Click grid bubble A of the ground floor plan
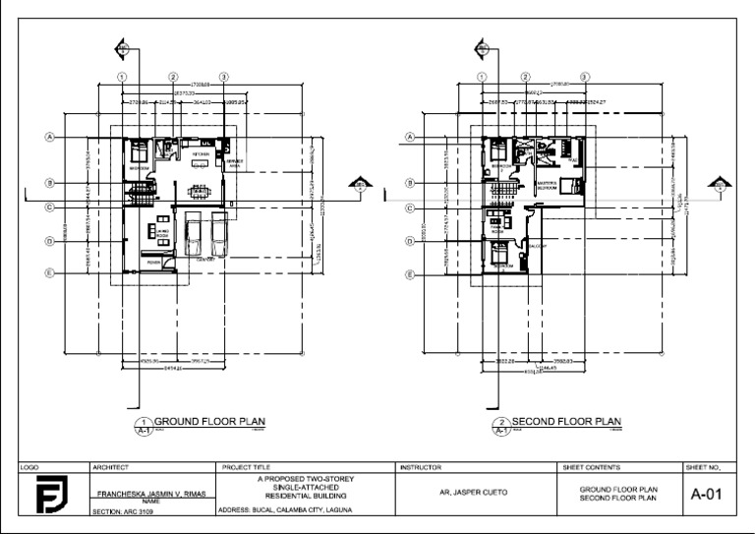(x=49, y=137)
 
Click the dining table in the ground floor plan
(x=200, y=191)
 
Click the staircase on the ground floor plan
(x=144, y=189)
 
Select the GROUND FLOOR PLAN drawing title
(x=210, y=420)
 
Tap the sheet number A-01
(x=707, y=494)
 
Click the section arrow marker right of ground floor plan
(x=362, y=186)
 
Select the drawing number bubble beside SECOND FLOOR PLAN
(x=502, y=424)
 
